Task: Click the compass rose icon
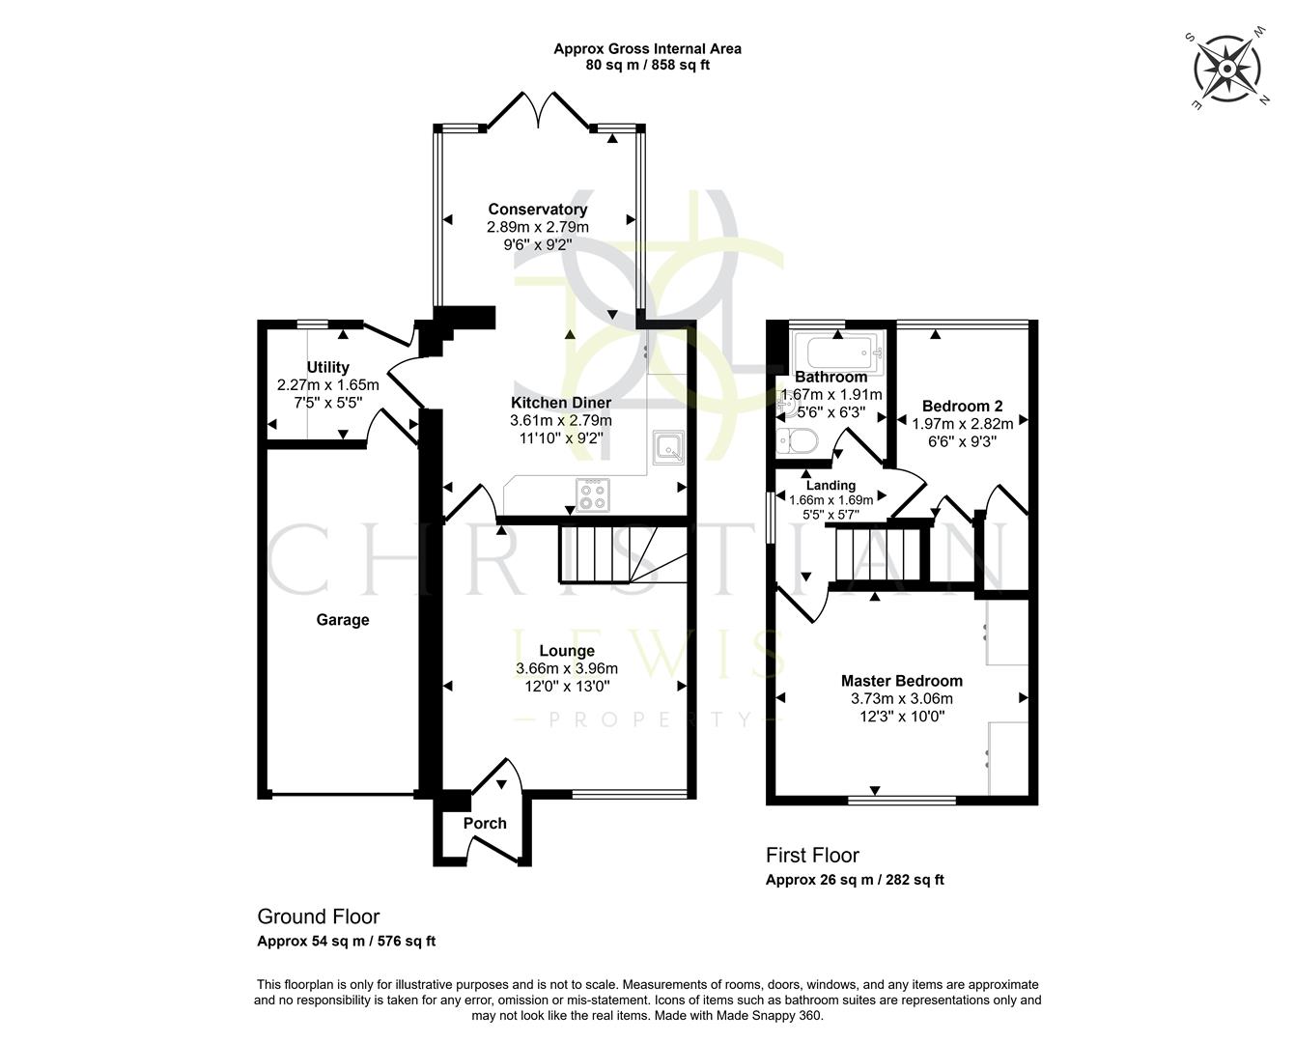click(x=1226, y=69)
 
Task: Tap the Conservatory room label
click(x=537, y=210)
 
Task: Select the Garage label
click(x=343, y=620)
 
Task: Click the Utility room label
click(x=327, y=367)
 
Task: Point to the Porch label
click(x=485, y=823)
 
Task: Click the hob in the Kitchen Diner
click(x=593, y=494)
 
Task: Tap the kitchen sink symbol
click(x=667, y=446)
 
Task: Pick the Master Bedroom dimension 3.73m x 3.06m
click(x=901, y=699)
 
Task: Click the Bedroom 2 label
click(x=962, y=406)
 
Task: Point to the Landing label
click(x=830, y=485)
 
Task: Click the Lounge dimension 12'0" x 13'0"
click(x=567, y=687)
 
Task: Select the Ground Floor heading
click(x=318, y=916)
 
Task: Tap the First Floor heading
click(x=812, y=855)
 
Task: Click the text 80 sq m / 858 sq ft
click(x=647, y=66)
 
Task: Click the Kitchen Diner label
click(x=560, y=403)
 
